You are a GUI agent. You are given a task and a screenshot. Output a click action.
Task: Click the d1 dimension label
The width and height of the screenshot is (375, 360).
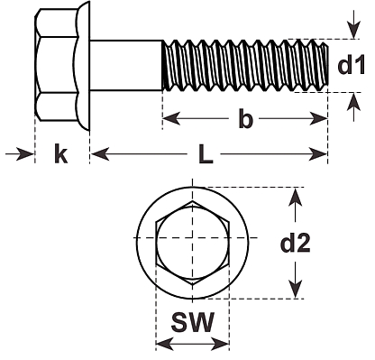pos(352,65)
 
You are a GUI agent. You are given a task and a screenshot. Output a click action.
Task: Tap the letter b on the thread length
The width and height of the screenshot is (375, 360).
pos(245,118)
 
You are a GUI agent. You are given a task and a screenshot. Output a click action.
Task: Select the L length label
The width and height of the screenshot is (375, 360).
pos(206,155)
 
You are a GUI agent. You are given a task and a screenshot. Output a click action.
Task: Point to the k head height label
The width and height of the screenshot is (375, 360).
pos(61,153)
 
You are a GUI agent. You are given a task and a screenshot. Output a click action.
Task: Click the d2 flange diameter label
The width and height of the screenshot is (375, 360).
pos(296,243)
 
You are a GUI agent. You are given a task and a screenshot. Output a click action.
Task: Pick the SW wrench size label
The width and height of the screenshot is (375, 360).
pos(193,322)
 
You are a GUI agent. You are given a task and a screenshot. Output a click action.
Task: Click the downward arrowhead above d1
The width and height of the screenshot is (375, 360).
pos(354,31)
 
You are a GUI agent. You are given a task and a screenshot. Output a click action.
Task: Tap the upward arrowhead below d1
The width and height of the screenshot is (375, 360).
pos(354,102)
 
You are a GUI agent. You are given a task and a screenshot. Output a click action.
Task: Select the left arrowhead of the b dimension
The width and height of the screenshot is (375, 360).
pos(171,118)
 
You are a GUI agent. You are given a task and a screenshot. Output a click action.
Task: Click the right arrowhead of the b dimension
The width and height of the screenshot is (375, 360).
pos(318,118)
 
